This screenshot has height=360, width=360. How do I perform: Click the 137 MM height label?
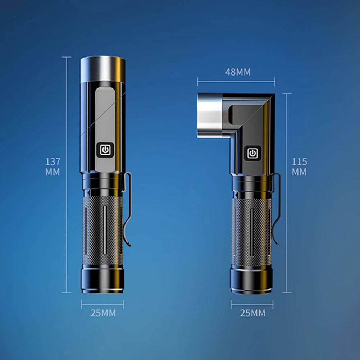pos(53,167)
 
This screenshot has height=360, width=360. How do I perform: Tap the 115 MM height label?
pos(299,167)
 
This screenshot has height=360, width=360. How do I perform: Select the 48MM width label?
pos(238,72)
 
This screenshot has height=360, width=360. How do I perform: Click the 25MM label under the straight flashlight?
pos(103,313)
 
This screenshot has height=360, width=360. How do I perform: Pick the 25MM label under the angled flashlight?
pos(253,313)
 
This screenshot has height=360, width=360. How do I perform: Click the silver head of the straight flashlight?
pos(102,69)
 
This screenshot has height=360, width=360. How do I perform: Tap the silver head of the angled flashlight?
pos(210,115)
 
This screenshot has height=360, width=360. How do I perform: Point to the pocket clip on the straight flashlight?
pos(128,209)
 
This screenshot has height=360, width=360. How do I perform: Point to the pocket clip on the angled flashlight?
pos(277,209)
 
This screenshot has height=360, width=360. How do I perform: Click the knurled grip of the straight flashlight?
pos(102,230)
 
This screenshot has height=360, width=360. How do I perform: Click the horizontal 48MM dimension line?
pos(236,81)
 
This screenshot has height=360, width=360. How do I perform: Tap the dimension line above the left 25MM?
pos(102,304)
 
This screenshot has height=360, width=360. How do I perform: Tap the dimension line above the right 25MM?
pos(252,304)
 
